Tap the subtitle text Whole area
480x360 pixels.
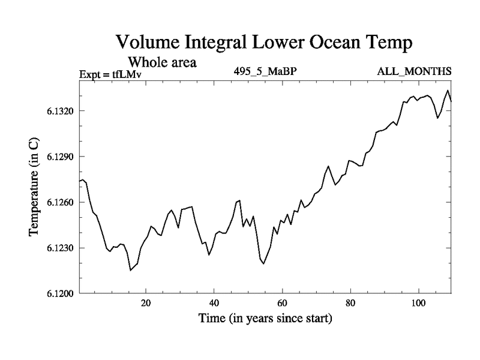click(163, 62)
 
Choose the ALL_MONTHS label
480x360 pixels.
click(414, 71)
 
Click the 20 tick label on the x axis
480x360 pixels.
click(146, 303)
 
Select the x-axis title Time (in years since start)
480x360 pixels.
click(265, 319)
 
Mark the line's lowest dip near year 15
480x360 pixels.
click(130, 270)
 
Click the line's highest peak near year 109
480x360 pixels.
click(447, 91)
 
